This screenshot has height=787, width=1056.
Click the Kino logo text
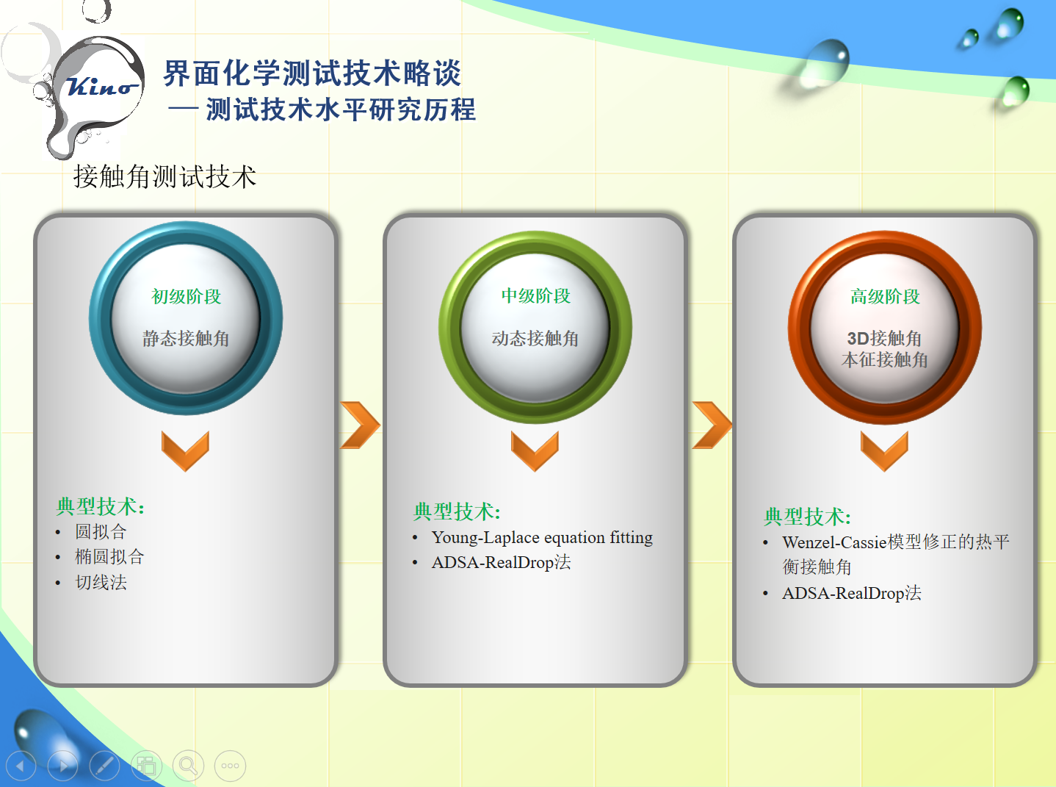[101, 87]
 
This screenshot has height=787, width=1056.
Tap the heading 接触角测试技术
[164, 177]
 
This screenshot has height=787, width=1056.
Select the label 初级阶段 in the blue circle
[186, 296]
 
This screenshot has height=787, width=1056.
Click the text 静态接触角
[186, 338]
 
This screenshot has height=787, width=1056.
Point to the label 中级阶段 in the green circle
[535, 295]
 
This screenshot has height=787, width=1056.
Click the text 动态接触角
[535, 338]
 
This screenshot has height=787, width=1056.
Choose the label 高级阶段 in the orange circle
[885, 296]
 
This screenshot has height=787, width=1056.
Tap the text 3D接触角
[884, 338]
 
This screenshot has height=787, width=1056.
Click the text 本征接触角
[885, 359]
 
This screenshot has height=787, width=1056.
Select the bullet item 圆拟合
[101, 531]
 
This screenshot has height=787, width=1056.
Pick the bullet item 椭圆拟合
[109, 556]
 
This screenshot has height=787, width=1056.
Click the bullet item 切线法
[101, 582]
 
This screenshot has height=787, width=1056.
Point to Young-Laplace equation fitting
[542, 537]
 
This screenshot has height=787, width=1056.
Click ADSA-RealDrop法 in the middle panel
[501, 562]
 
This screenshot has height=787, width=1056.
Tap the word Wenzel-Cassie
[834, 542]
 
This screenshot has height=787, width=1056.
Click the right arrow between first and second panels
[360, 425]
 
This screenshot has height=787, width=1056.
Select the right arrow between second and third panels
[712, 425]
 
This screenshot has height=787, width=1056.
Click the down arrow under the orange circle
[884, 450]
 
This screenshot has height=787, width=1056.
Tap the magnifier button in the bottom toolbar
[188, 766]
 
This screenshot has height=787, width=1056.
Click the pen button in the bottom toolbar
[104, 766]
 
